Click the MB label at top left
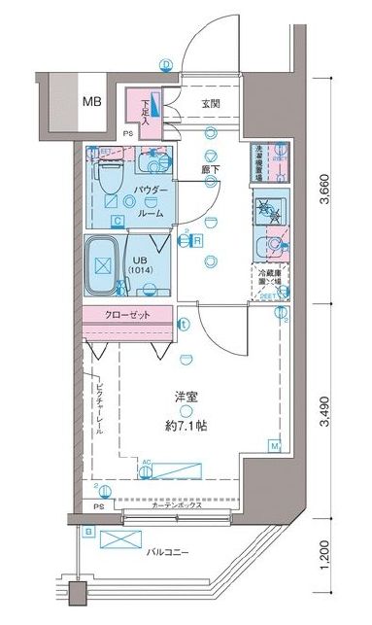[x=90, y=101]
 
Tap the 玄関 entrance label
[x=213, y=103]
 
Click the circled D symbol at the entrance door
[x=166, y=64]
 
